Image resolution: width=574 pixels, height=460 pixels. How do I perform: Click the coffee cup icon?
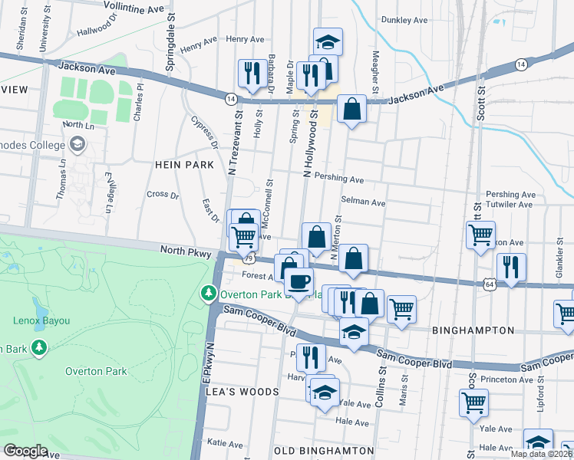(299, 280)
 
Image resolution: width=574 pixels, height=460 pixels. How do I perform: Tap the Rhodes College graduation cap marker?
(77, 143)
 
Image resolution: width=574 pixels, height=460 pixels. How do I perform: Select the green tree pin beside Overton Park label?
(208, 294)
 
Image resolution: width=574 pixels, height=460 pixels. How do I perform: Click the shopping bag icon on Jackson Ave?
(351, 109)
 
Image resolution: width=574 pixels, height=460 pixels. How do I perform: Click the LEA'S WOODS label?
(242, 391)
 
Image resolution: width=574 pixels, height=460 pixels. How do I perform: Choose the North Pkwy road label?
(185, 250)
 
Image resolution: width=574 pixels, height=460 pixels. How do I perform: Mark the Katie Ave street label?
(225, 442)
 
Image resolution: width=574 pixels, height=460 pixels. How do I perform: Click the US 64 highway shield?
(490, 284)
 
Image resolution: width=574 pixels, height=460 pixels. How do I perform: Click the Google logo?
(25, 451)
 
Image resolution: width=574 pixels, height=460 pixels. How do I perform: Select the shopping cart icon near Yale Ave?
(473, 402)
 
